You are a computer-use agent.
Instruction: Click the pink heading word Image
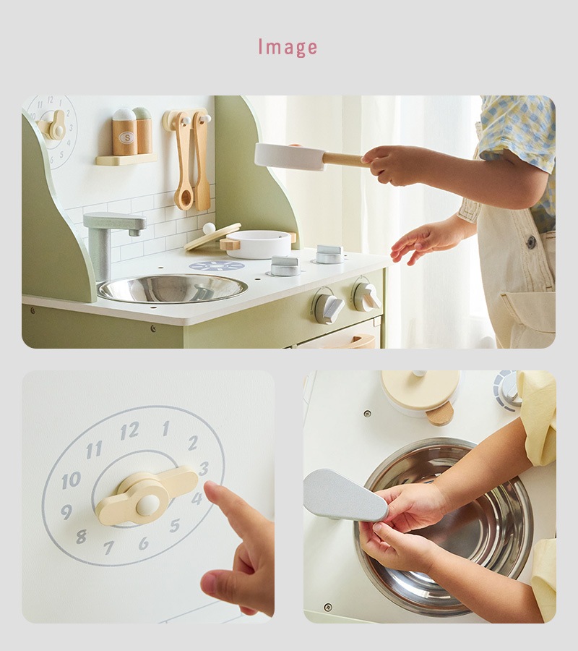pos(288,47)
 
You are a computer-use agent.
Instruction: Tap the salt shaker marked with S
pos(124,132)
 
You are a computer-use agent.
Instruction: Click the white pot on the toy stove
pos(258,244)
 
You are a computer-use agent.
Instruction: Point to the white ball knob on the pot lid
pos(209,228)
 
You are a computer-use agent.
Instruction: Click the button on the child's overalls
pos(531,242)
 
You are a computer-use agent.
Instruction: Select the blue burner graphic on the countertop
pos(217,265)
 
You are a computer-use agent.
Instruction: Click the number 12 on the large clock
pos(129,431)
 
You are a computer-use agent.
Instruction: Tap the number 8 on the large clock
pos(82,537)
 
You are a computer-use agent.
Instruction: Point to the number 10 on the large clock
pos(71,480)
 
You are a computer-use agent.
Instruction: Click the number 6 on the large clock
pos(144,543)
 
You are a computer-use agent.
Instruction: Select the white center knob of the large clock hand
pos(148,506)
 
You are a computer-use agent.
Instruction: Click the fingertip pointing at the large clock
pos(212,489)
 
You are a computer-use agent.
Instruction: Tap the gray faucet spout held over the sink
pos(345,495)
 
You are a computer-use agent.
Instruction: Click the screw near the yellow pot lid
pos(367,414)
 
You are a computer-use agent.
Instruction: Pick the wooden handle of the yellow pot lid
pos(440,414)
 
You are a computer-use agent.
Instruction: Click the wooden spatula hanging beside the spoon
pos(201,163)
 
